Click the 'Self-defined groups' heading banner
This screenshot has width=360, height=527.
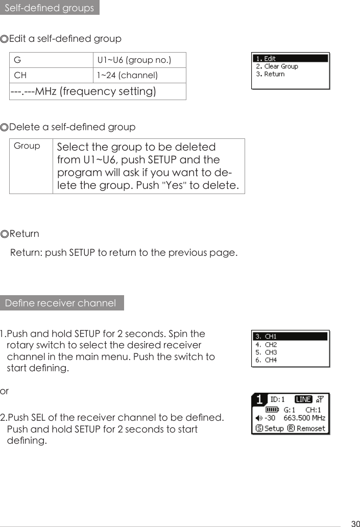[49, 8]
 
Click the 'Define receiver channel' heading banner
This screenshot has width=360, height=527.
[61, 303]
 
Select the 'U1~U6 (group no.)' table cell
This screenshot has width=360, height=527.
[134, 60]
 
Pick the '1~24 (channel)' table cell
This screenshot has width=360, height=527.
[128, 76]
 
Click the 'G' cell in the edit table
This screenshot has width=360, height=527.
[17, 60]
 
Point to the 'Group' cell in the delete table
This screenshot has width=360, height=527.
[27, 146]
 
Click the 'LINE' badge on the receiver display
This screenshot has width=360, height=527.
[304, 399]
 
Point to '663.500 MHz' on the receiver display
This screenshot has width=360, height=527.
[304, 418]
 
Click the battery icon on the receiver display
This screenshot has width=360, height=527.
[273, 409]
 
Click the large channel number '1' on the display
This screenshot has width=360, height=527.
[260, 399]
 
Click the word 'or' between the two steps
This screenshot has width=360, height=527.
[5, 391]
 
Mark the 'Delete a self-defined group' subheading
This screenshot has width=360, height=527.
[68, 127]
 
